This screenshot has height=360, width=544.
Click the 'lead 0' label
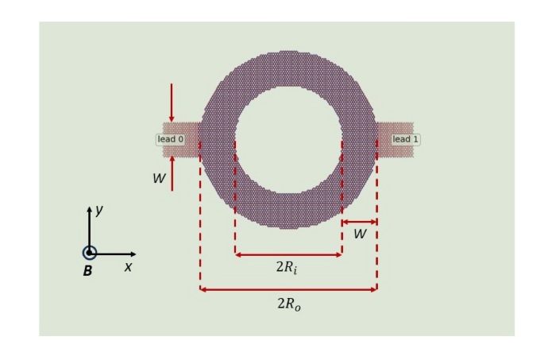pyautogui.click(x=170, y=139)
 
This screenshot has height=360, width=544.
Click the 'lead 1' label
pyautogui.click(x=405, y=139)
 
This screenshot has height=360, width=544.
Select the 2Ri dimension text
pyautogui.click(x=287, y=268)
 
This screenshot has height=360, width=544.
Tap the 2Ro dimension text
pyautogui.click(x=288, y=304)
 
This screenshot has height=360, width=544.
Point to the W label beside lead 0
pyautogui.click(x=159, y=179)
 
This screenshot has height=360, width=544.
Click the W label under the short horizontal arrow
pyautogui.click(x=360, y=234)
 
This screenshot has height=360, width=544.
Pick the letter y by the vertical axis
pyautogui.click(x=99, y=210)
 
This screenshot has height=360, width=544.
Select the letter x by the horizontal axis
pyautogui.click(x=128, y=267)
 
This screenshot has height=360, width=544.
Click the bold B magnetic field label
pyautogui.click(x=87, y=271)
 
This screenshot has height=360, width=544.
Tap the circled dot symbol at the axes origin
pyautogui.click(x=90, y=253)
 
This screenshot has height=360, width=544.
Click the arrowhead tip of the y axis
pyautogui.click(x=90, y=208)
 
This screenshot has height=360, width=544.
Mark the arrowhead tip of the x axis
pyautogui.click(x=135, y=254)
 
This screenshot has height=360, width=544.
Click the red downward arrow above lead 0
pyautogui.click(x=172, y=103)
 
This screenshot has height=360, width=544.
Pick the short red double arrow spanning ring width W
pyautogui.click(x=360, y=222)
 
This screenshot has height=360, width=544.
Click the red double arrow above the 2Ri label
pyautogui.click(x=288, y=254)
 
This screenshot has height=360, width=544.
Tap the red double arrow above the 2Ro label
pyautogui.click(x=288, y=289)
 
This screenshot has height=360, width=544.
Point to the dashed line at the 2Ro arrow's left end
pyautogui.click(x=200, y=223)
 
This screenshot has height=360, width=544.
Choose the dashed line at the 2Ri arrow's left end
pyautogui.click(x=235, y=199)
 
